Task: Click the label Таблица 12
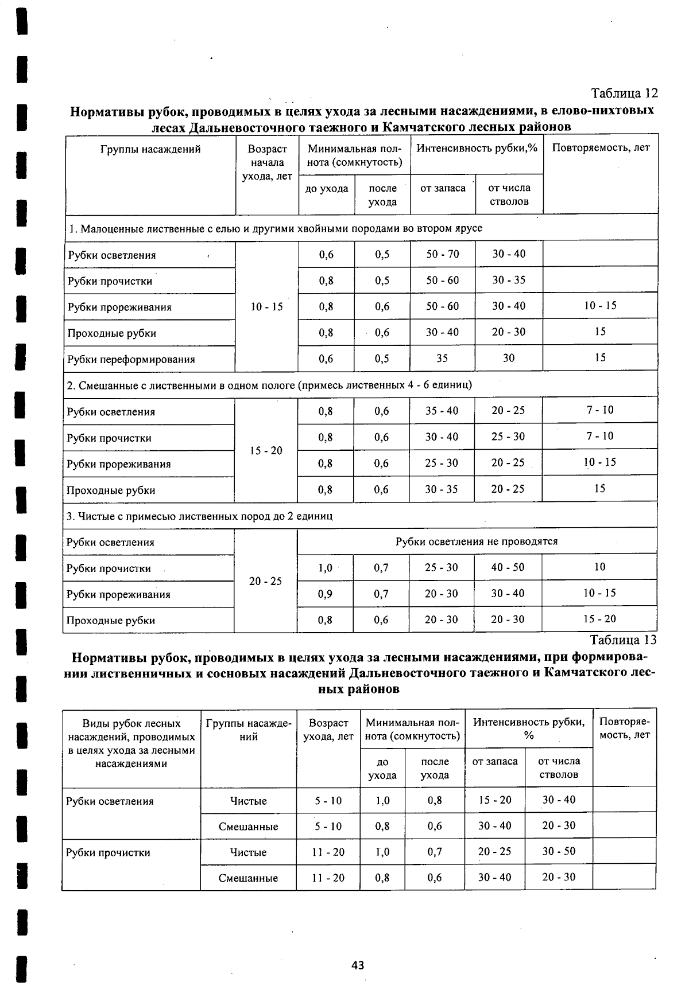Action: click(x=624, y=93)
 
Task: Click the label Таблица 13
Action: click(x=623, y=640)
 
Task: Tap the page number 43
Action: click(x=358, y=965)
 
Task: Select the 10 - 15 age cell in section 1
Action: click(x=267, y=307)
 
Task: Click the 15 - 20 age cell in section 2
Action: click(x=266, y=451)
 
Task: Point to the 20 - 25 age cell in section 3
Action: click(x=265, y=581)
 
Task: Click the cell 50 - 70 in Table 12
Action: click(x=442, y=254)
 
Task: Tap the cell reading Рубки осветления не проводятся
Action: click(x=476, y=541)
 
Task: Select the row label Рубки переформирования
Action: click(x=131, y=360)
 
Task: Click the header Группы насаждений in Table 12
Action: click(x=150, y=150)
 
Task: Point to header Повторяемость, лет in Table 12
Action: click(x=601, y=148)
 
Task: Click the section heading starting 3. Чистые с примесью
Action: click(x=199, y=516)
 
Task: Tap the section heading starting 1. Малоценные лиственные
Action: click(x=274, y=228)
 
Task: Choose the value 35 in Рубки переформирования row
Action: click(x=442, y=358)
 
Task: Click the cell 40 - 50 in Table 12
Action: click(x=508, y=567)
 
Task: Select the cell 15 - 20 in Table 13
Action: click(x=494, y=800)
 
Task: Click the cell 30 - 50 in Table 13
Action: click(x=558, y=852)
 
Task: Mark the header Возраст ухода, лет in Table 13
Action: click(x=328, y=730)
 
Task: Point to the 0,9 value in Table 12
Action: click(x=325, y=594)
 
